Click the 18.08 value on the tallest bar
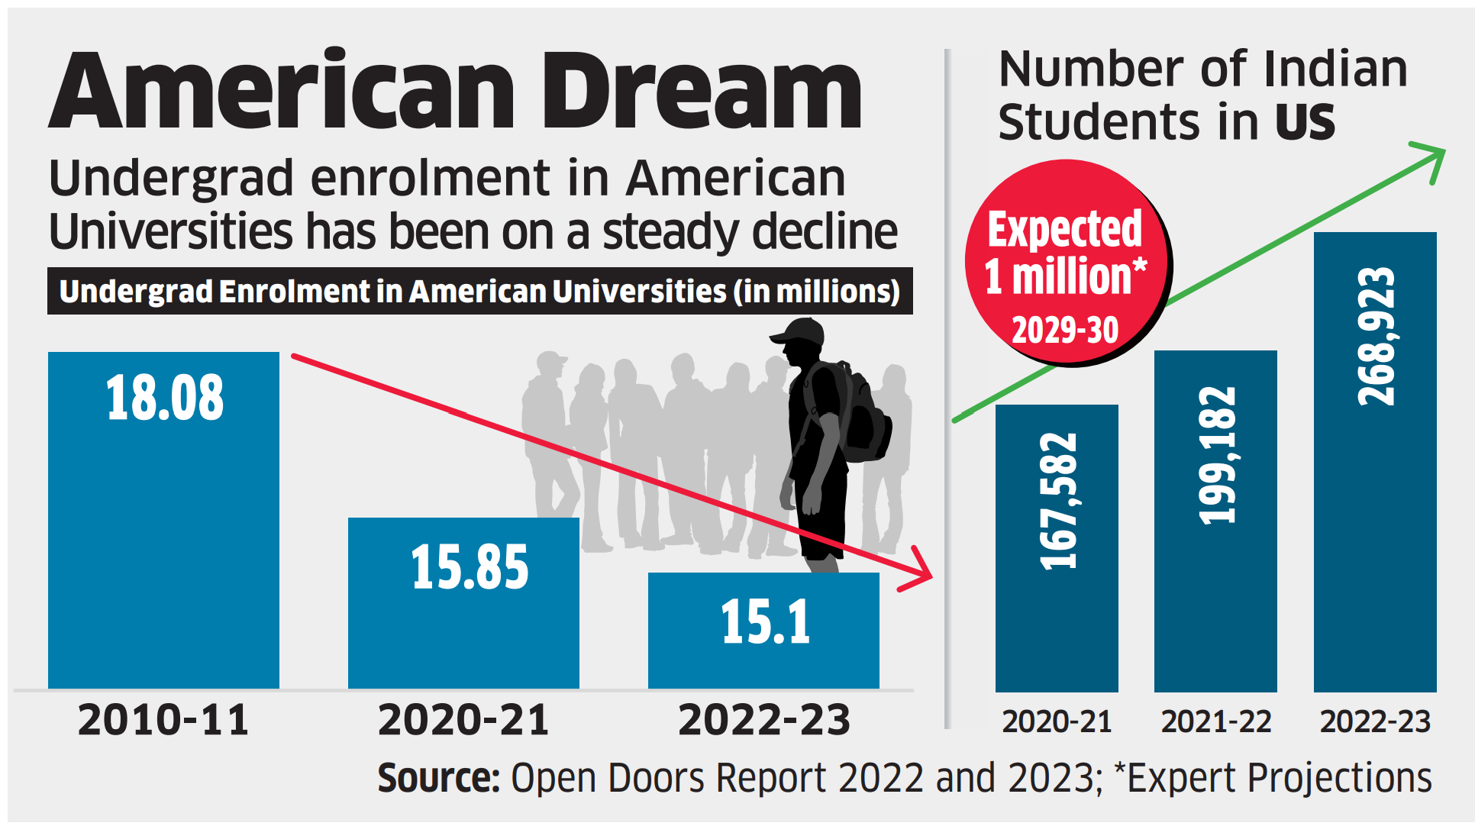pyautogui.click(x=165, y=398)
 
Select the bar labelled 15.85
pyautogui.click(x=463, y=603)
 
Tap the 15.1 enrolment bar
pyautogui.click(x=763, y=630)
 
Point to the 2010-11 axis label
pyautogui.click(x=163, y=720)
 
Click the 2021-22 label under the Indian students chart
pyautogui.click(x=1215, y=721)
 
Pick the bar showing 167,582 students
pyautogui.click(x=1057, y=550)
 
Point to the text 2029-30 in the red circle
pyautogui.click(x=1065, y=331)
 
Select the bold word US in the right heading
pyautogui.click(x=1305, y=122)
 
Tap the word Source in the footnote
pyautogui.click(x=438, y=778)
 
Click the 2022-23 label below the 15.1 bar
pyautogui.click(x=763, y=720)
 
